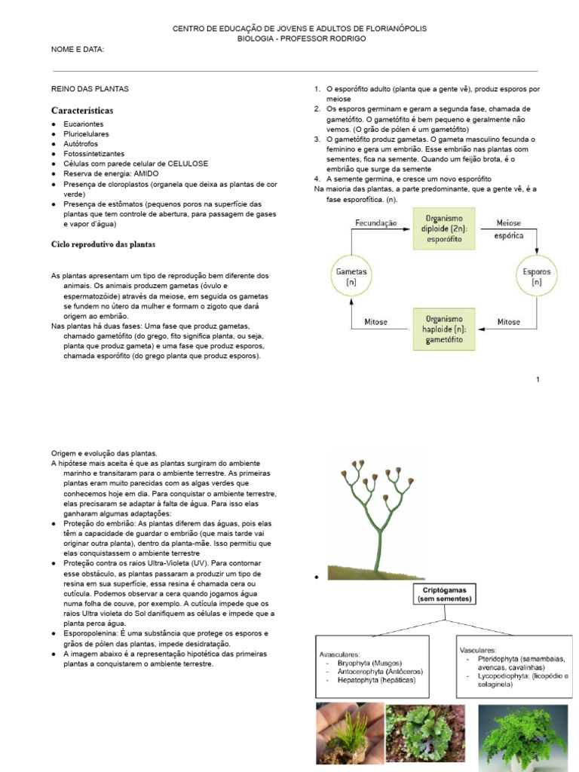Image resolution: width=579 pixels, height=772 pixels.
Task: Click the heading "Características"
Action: [x=82, y=110]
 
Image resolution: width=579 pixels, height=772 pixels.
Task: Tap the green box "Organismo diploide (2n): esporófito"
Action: [x=444, y=230]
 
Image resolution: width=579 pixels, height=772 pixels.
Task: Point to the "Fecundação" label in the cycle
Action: [x=375, y=223]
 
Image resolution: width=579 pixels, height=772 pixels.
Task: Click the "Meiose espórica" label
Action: [x=507, y=229]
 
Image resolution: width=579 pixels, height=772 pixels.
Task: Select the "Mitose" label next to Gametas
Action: [x=376, y=321]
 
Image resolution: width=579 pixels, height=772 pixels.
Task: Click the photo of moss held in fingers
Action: [x=347, y=737]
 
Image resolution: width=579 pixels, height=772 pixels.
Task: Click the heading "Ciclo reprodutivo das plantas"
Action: [x=103, y=244]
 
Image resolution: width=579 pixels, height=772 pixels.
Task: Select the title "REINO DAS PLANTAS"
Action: [x=90, y=89]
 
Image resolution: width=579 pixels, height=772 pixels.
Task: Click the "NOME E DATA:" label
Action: [x=77, y=50]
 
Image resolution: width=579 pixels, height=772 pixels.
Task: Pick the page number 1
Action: [x=538, y=379]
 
